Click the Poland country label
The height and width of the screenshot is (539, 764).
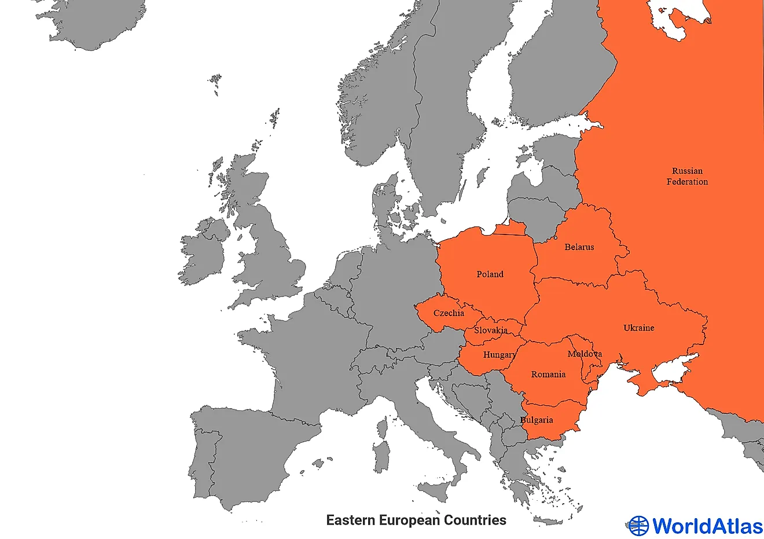(x=490, y=274)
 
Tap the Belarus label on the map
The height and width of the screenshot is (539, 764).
(x=579, y=247)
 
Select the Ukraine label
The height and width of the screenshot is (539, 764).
(x=638, y=328)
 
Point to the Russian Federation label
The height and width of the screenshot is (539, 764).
(x=687, y=177)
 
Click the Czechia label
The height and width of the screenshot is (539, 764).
(x=449, y=313)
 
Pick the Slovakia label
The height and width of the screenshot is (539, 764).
(x=491, y=331)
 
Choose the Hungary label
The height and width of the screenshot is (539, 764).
(x=499, y=355)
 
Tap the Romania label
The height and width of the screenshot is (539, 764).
(x=548, y=375)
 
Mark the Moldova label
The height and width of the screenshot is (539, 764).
(x=585, y=354)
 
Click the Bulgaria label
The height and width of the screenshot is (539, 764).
(x=537, y=420)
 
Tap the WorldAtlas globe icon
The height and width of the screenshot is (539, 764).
(x=638, y=526)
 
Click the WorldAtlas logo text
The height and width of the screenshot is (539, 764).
(x=707, y=526)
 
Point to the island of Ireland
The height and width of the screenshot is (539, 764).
(x=203, y=255)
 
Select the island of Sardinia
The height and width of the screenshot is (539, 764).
(x=381, y=457)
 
